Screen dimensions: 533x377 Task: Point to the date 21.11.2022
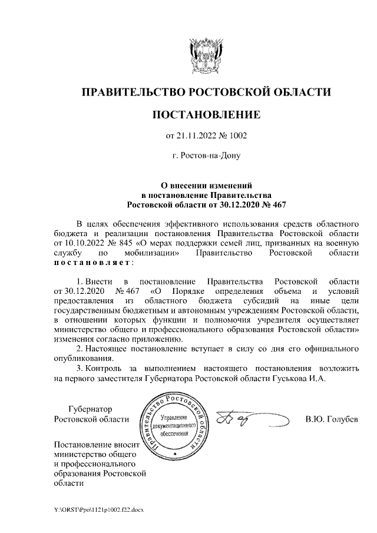tap(196, 136)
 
